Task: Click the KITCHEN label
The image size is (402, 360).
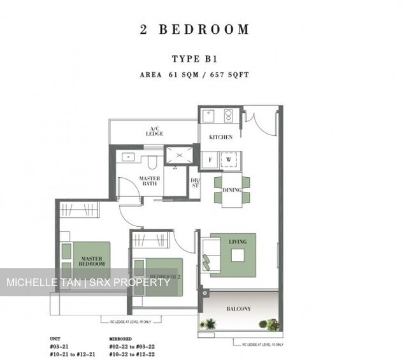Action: pyautogui.click(x=221, y=137)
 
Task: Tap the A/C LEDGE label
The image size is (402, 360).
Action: pyautogui.click(x=154, y=131)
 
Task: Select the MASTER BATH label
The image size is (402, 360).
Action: pyautogui.click(x=150, y=181)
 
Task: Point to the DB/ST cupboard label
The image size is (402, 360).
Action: pyautogui.click(x=194, y=183)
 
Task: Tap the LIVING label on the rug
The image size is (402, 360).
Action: pyautogui.click(x=238, y=241)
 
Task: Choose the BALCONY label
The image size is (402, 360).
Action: pyautogui.click(x=239, y=309)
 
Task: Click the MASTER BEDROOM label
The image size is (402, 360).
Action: pyautogui.click(x=92, y=261)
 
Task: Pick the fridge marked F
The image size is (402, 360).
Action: pyautogui.click(x=210, y=159)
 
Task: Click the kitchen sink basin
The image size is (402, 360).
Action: pyautogui.click(x=209, y=117)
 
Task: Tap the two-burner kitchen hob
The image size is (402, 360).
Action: pyautogui.click(x=228, y=117)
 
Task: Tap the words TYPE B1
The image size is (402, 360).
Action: pyautogui.click(x=194, y=59)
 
